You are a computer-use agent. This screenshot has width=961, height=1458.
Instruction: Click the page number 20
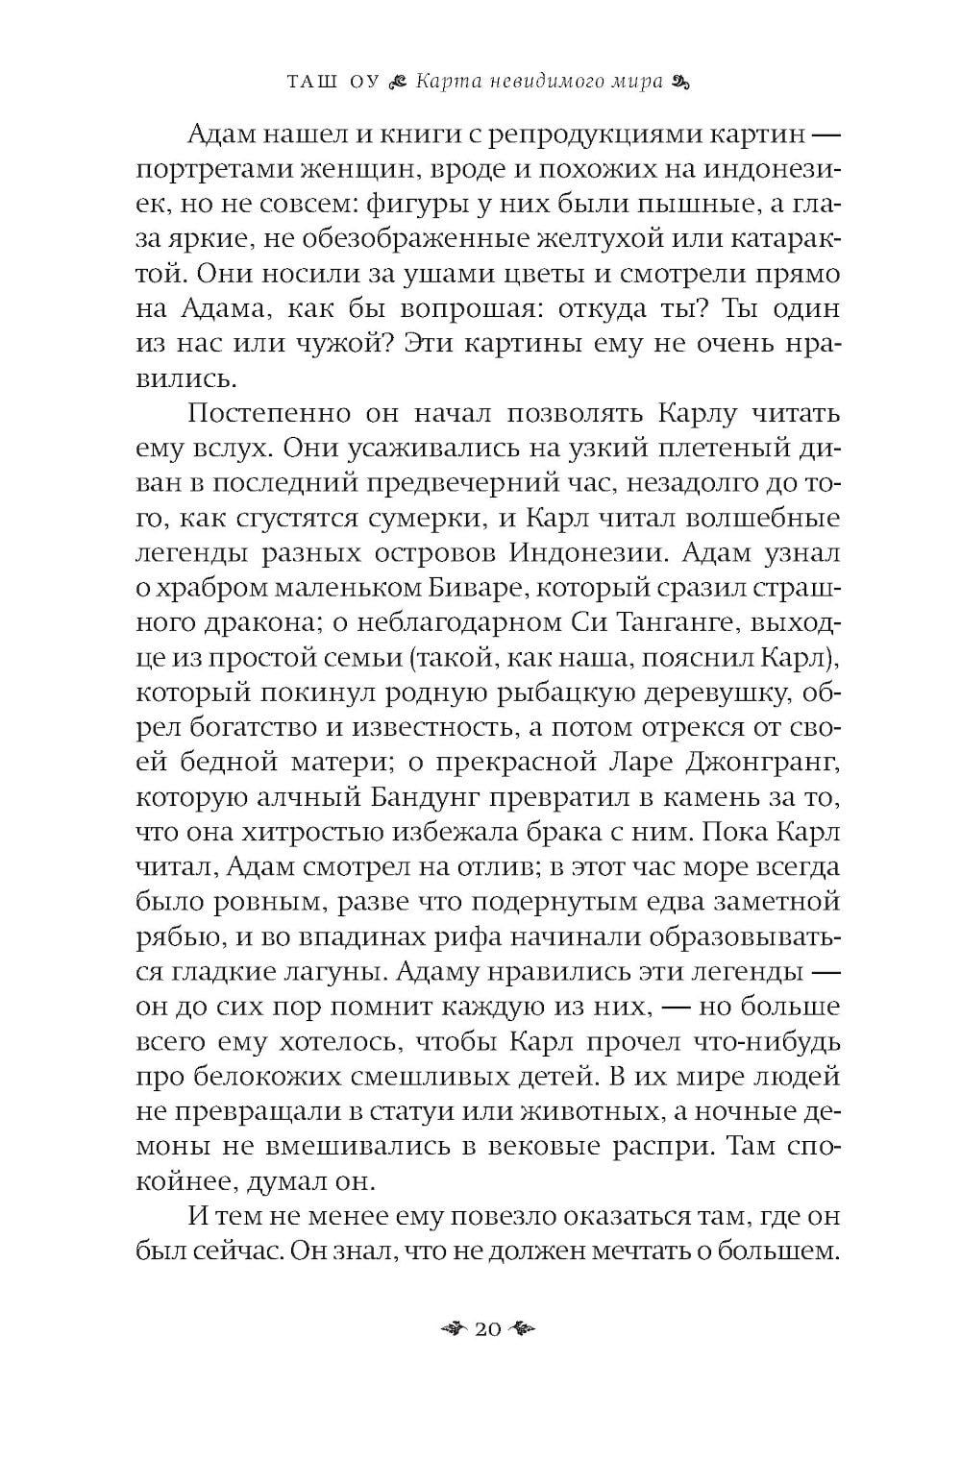[487, 1329]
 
